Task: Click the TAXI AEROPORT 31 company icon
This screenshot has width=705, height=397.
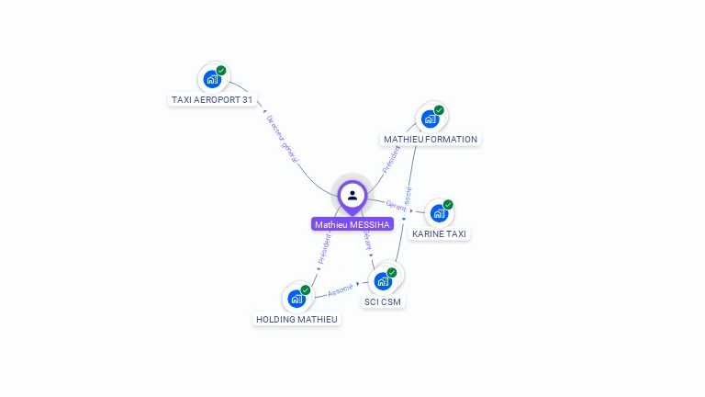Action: click(212, 79)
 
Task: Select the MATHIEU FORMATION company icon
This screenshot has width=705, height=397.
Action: click(430, 119)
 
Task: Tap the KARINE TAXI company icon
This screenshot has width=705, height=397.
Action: click(439, 213)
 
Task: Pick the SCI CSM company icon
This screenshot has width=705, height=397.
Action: click(383, 281)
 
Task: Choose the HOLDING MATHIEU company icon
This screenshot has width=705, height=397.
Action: click(297, 299)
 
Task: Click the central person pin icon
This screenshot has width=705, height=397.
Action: click(352, 196)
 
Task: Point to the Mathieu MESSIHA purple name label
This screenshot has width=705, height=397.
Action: click(352, 224)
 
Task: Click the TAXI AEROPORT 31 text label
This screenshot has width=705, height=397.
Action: click(212, 99)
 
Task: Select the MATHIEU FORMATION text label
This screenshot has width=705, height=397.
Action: click(431, 140)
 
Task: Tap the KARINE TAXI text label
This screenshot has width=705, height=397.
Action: click(439, 234)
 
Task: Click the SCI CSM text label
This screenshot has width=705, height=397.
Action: click(383, 301)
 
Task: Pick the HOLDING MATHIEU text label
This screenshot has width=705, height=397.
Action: click(297, 320)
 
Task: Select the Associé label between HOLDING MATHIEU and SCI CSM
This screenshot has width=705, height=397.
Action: click(340, 289)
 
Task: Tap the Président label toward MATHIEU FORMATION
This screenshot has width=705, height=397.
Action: click(390, 159)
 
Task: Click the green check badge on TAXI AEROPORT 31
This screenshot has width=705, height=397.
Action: click(221, 70)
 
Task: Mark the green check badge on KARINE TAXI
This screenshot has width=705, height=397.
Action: click(448, 204)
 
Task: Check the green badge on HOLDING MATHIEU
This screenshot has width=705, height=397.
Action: click(306, 289)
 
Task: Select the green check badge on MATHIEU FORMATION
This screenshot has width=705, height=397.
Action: click(439, 109)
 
